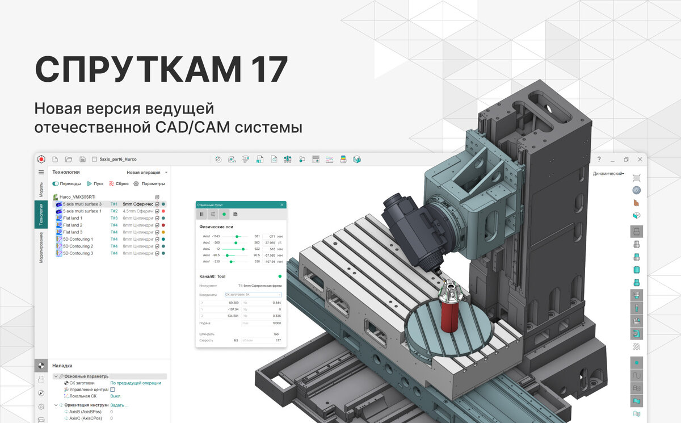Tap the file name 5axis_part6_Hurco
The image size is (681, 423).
tap(118, 160)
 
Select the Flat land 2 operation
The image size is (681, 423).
tap(73, 225)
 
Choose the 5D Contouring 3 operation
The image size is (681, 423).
tap(78, 253)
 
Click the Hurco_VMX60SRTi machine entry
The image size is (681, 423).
tap(79, 197)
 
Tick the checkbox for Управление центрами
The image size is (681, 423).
tap(112, 390)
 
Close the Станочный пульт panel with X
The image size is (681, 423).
tap(282, 204)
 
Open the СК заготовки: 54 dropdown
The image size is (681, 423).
tap(253, 295)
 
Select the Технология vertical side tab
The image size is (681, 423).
tap(41, 214)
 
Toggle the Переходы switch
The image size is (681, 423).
tap(56, 184)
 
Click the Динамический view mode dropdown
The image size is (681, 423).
tap(608, 174)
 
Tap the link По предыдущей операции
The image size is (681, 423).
tap(135, 383)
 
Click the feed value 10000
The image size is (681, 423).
tap(275, 323)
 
